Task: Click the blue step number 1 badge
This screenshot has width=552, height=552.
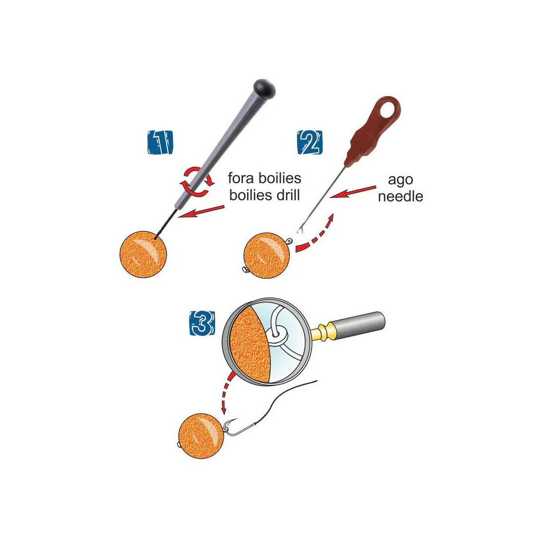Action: click(x=159, y=143)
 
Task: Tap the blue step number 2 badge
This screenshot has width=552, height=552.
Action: click(x=309, y=143)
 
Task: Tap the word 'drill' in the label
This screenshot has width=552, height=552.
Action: click(x=285, y=194)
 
